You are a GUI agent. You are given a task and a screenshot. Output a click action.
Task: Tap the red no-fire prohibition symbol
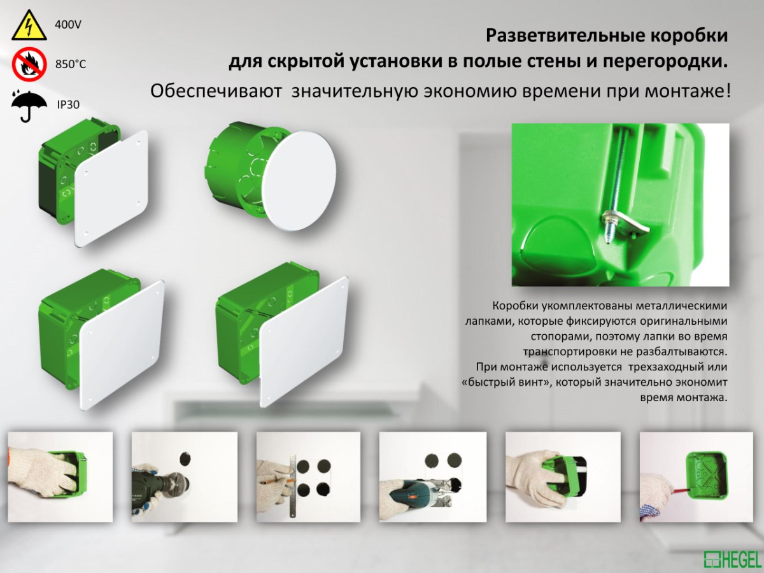[x=29, y=65]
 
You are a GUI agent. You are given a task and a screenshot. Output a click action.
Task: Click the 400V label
[x=68, y=25]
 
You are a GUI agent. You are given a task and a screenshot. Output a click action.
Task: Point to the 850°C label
[x=71, y=64]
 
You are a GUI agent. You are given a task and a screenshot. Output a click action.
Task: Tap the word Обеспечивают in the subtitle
[x=216, y=91]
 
